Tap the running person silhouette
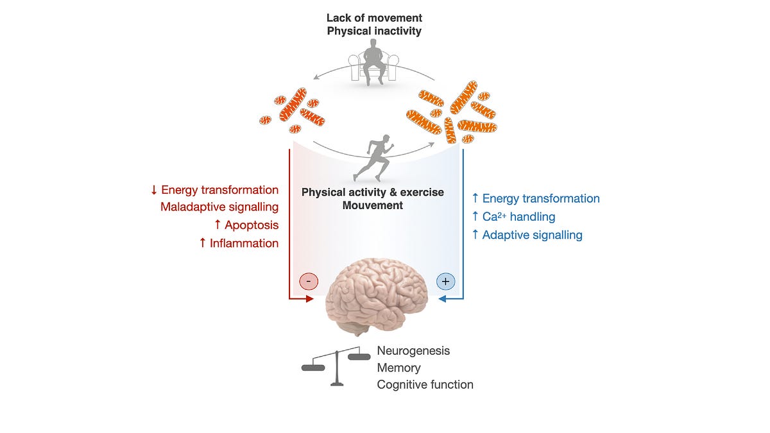[x=373, y=158]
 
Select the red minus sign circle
[x=309, y=281]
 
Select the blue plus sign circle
[x=445, y=281]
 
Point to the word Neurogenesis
[x=413, y=351]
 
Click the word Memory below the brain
[x=398, y=368]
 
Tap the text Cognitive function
[x=425, y=385]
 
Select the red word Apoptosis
[x=251, y=225]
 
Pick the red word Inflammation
[x=245, y=243]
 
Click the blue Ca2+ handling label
[x=518, y=217]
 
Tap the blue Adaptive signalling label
[x=532, y=235]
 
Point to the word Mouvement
[x=373, y=205]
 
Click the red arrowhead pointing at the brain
[x=310, y=299]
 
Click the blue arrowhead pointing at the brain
[x=443, y=299]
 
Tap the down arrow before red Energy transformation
[x=154, y=190]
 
